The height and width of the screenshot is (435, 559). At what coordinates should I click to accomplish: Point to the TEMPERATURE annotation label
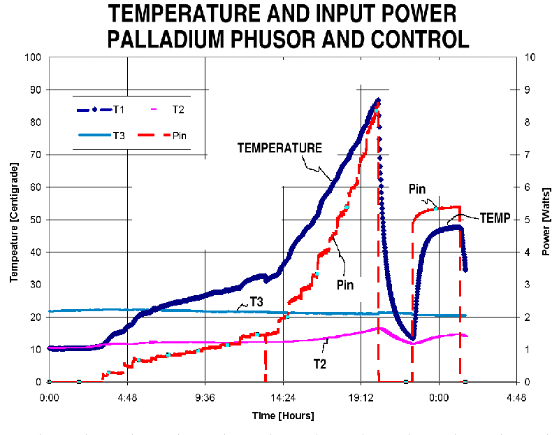click(x=279, y=148)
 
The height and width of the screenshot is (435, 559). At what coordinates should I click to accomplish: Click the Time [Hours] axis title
click(x=283, y=415)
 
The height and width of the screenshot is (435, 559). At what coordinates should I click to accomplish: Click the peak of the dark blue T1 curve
click(x=378, y=100)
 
